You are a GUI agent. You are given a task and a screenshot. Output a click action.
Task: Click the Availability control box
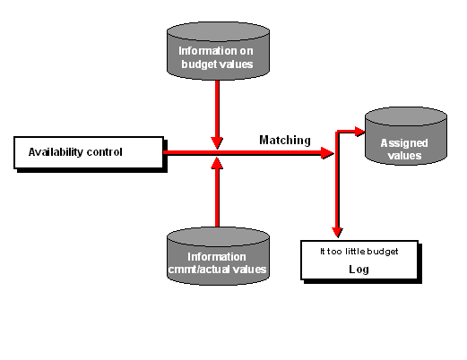[x=89, y=152]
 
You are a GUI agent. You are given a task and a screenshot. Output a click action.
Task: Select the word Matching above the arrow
[x=285, y=140]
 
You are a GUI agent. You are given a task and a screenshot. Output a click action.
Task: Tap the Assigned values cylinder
[x=406, y=136]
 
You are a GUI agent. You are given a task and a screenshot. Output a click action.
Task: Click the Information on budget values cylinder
[x=218, y=51]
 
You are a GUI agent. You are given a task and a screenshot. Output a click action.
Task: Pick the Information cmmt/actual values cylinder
[x=218, y=256]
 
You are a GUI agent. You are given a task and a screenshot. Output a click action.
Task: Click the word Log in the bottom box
[x=359, y=270]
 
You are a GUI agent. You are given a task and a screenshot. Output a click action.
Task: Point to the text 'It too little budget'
[x=359, y=252]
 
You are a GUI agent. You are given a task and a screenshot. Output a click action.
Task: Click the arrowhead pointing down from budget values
[x=217, y=143]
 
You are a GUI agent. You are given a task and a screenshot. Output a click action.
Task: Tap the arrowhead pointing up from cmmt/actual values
[x=217, y=163]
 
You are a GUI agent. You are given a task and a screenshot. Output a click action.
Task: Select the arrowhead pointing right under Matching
[x=327, y=153]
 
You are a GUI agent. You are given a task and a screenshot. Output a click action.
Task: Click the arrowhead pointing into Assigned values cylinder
[x=360, y=132]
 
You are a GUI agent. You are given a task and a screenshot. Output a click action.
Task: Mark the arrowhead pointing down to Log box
[x=337, y=233]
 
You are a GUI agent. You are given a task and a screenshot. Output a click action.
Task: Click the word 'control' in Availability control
[x=104, y=152]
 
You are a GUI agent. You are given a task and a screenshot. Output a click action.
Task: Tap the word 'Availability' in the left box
[x=56, y=152]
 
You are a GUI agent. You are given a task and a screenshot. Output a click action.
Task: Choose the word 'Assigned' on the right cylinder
[x=404, y=143]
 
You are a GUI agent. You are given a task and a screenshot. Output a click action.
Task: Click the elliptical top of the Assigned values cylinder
[x=406, y=116]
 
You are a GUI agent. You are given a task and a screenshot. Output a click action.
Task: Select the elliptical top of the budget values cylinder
[x=218, y=31]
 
